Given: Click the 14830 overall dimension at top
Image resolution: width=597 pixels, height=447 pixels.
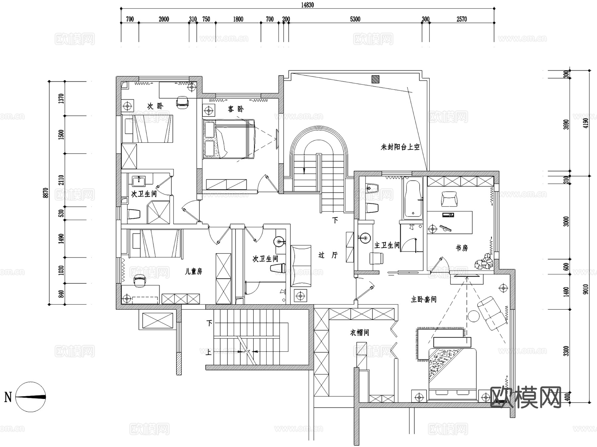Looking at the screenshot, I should pos(307,5).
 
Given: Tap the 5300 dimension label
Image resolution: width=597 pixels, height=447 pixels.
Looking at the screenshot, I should pos(355,19).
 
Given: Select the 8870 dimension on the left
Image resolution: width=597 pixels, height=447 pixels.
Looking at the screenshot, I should pos(46,193).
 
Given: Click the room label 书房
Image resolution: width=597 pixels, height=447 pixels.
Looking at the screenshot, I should pos(461,248).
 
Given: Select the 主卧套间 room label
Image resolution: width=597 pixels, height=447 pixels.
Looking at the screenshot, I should pos(424,299).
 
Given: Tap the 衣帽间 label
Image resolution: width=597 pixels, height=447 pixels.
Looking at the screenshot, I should pos(359,332).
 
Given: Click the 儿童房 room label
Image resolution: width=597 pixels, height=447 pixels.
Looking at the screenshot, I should pos(193,271).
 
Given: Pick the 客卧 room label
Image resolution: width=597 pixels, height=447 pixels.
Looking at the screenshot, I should pos(235,109).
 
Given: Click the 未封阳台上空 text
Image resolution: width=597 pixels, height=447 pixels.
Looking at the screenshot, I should pos(400,147).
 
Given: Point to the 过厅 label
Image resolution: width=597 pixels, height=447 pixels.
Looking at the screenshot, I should pos(328,255).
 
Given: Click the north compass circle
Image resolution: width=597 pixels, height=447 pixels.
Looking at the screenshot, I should pos(31,397).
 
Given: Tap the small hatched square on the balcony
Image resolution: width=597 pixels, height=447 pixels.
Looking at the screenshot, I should pos(375,79).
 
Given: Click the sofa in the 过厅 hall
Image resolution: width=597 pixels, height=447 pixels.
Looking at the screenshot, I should pos(301,266).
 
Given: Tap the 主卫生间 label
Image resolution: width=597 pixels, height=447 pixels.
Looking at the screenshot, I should pos(387,245).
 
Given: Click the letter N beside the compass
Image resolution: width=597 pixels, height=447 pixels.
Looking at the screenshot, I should pos(8,397).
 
